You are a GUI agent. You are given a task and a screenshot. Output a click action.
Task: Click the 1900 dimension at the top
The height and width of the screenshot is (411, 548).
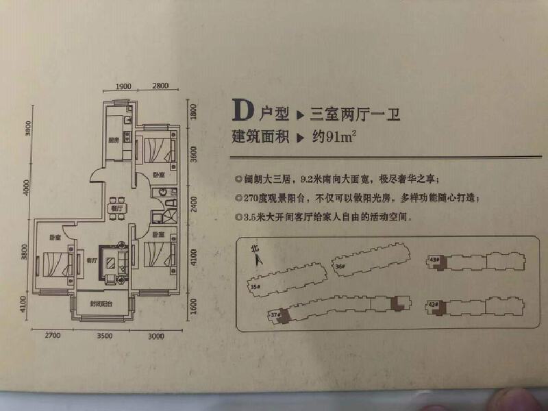pyautogui.click(x=123, y=86)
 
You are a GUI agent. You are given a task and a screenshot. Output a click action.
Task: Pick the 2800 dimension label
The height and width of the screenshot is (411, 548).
pyautogui.click(x=160, y=86)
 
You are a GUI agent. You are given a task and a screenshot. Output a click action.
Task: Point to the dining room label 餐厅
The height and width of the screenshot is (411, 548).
pyautogui.click(x=115, y=208)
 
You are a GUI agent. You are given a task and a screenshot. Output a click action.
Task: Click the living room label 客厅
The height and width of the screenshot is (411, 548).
pyautogui.click(x=91, y=260)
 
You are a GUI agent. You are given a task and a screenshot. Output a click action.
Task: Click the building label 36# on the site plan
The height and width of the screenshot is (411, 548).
pyautogui.click(x=339, y=266)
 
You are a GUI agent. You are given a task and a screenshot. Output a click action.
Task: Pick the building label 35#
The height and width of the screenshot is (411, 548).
pyautogui.click(x=254, y=286)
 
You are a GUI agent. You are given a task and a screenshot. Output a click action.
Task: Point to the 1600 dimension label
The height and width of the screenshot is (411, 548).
pyautogui.click(x=194, y=305)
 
